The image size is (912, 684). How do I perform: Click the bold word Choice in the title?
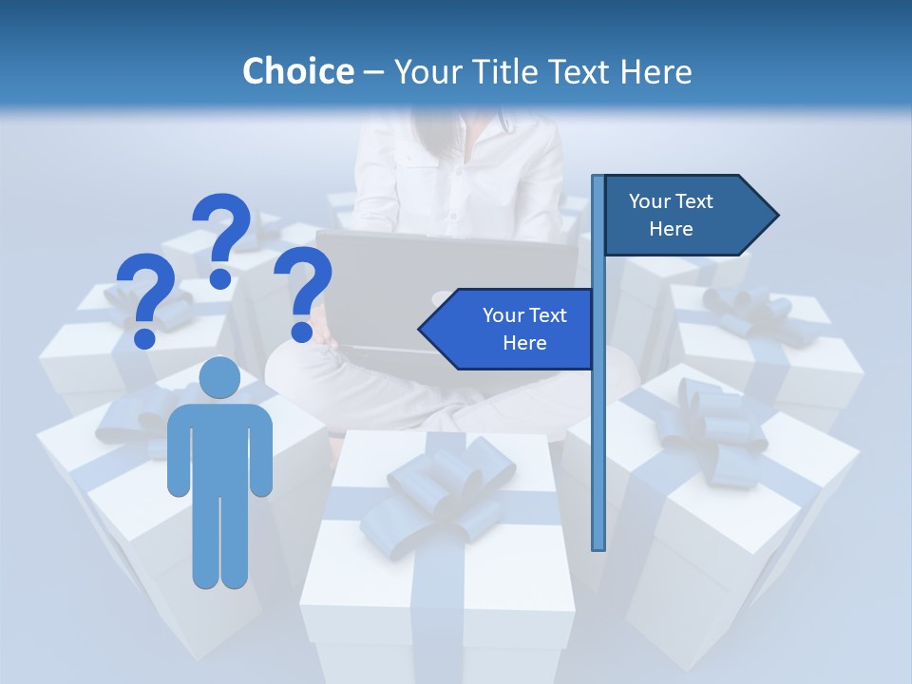(297, 71)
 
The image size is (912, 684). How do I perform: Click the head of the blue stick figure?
(219, 378)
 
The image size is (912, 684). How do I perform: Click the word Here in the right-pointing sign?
(671, 229)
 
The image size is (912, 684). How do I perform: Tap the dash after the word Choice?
(373, 71)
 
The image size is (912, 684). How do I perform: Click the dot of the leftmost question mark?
(145, 337)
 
